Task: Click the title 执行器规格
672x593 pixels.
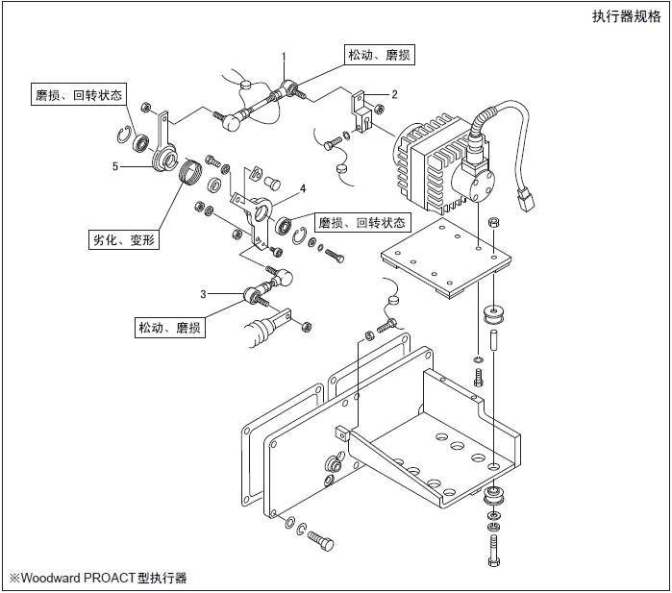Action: tap(627, 16)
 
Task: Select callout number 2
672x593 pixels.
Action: tap(393, 93)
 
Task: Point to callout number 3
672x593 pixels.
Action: tap(203, 292)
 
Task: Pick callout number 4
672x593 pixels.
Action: tap(302, 187)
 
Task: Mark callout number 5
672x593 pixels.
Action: tap(114, 166)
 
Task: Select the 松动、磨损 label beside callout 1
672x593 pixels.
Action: tap(379, 56)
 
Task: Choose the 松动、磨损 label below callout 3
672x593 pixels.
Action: tap(170, 328)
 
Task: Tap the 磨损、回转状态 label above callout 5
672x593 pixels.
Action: tap(79, 95)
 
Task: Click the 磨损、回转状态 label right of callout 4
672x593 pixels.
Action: tap(361, 222)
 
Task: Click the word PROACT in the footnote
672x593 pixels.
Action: tap(113, 578)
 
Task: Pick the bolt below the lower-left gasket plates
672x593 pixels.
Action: tap(319, 541)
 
